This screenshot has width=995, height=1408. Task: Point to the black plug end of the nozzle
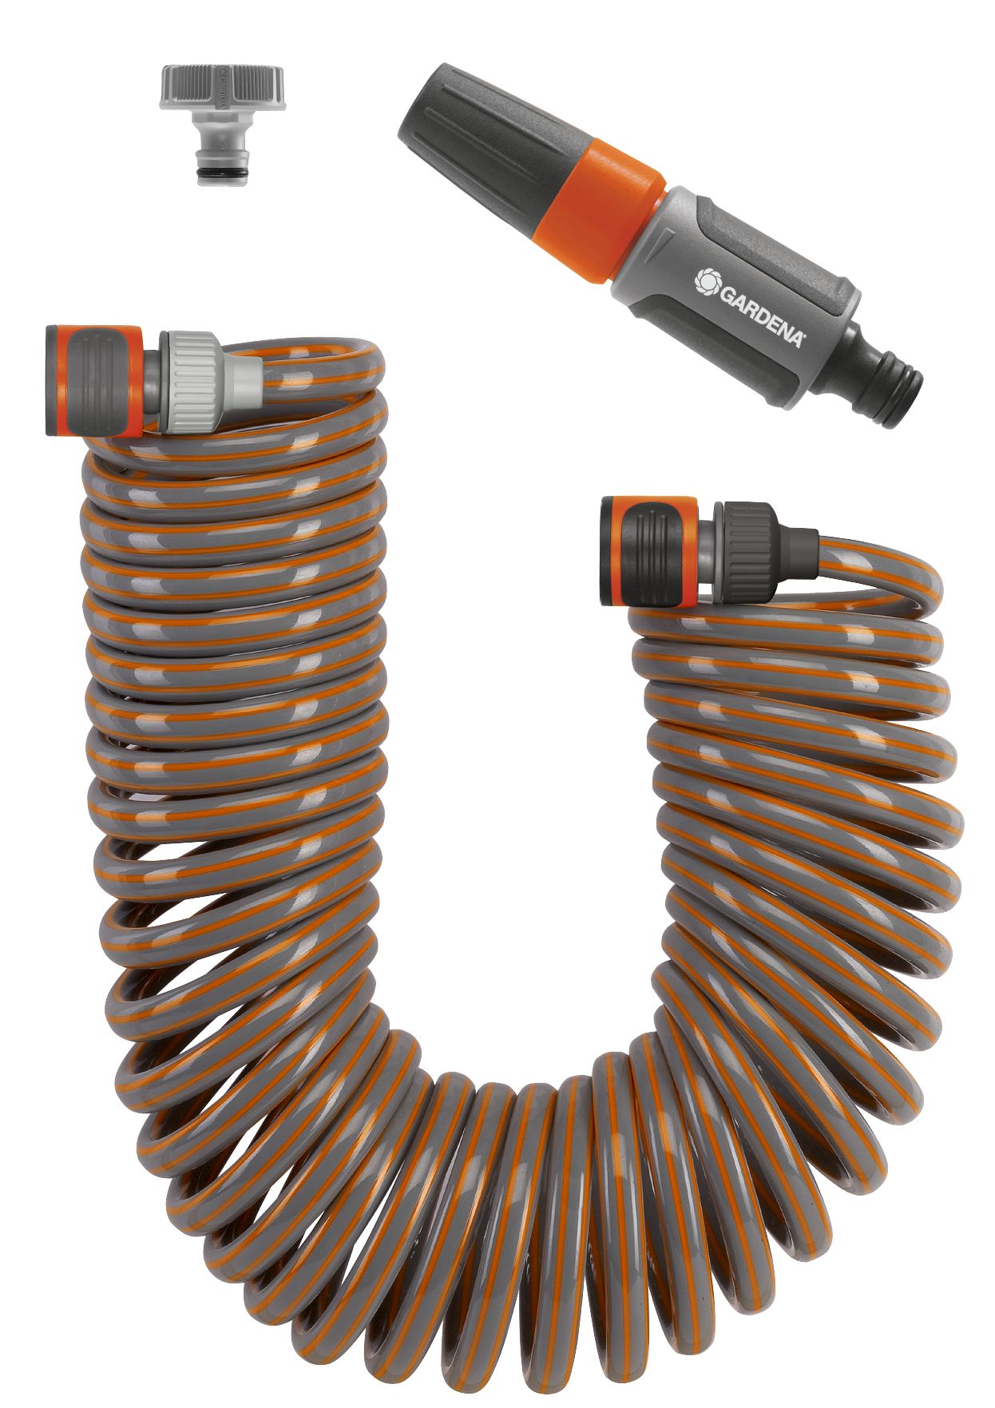point(886,384)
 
